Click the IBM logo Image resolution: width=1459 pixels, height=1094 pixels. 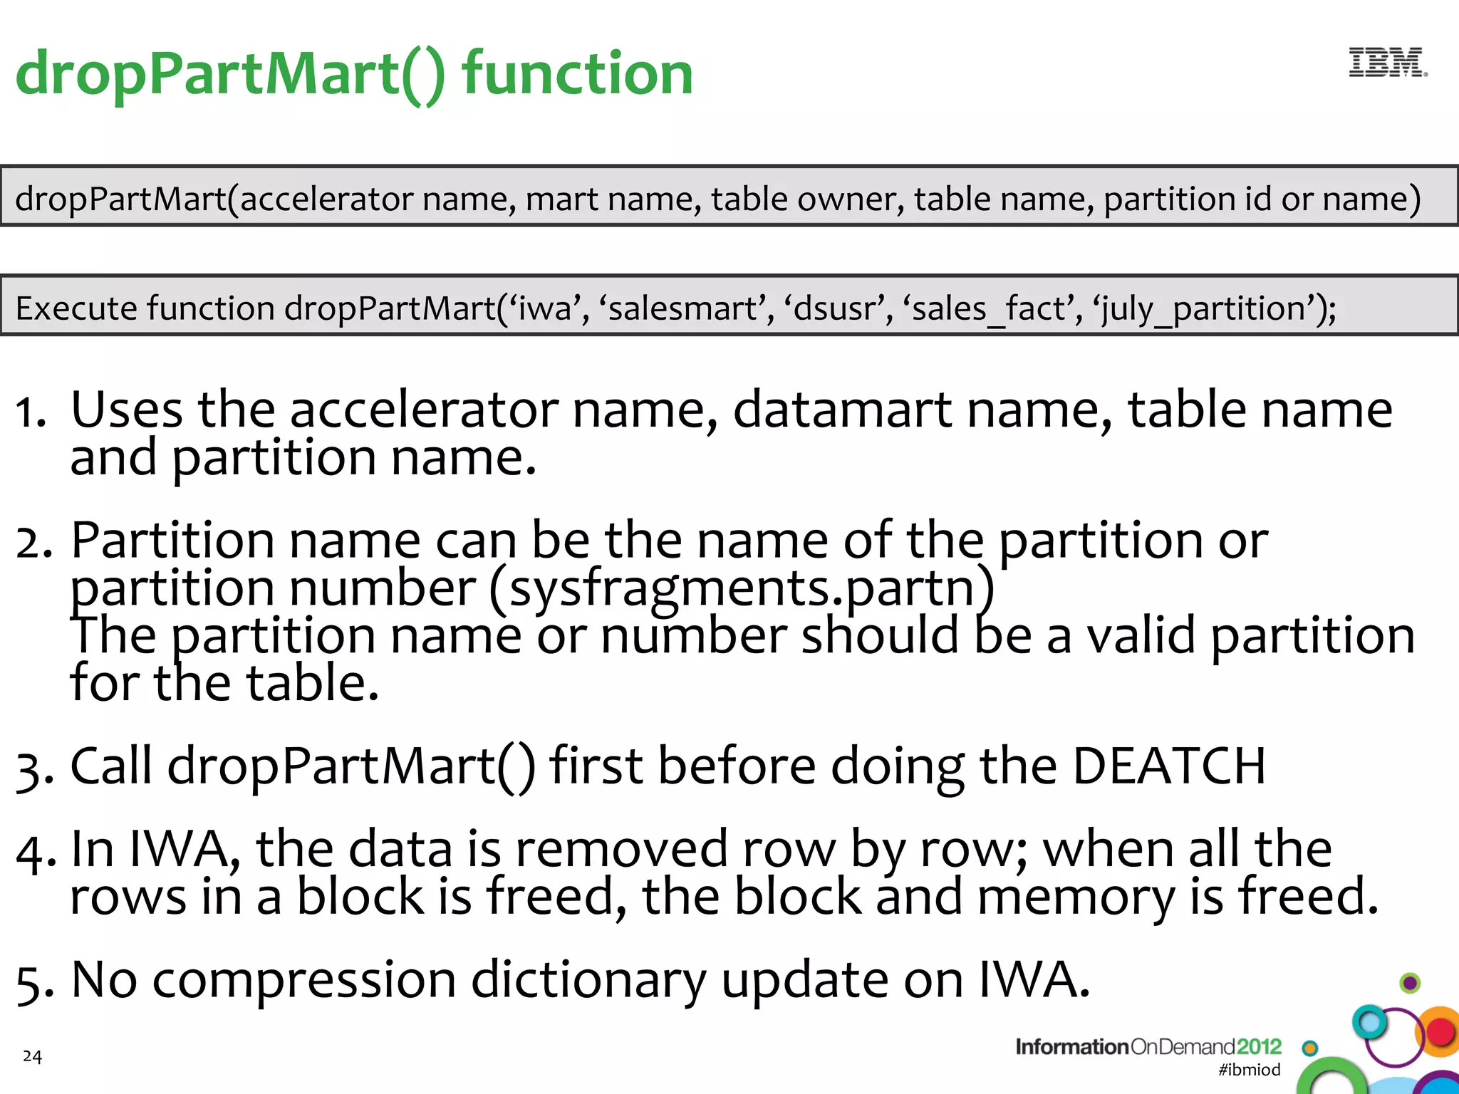point(1387,63)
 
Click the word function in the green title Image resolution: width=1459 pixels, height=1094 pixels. point(577,74)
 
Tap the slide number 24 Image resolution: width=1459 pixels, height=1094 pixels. point(32,1056)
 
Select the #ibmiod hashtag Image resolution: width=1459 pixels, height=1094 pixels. point(1250,1069)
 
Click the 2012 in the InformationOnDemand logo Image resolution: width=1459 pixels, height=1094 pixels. point(1259,1046)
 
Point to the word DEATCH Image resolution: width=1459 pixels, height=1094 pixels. point(1169,766)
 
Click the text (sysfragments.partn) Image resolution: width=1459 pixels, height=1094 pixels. point(742,589)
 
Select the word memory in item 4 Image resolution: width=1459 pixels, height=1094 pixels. point(1076,896)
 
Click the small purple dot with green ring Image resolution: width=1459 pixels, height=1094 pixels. point(1410,984)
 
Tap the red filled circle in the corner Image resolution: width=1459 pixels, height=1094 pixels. point(1440,1032)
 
